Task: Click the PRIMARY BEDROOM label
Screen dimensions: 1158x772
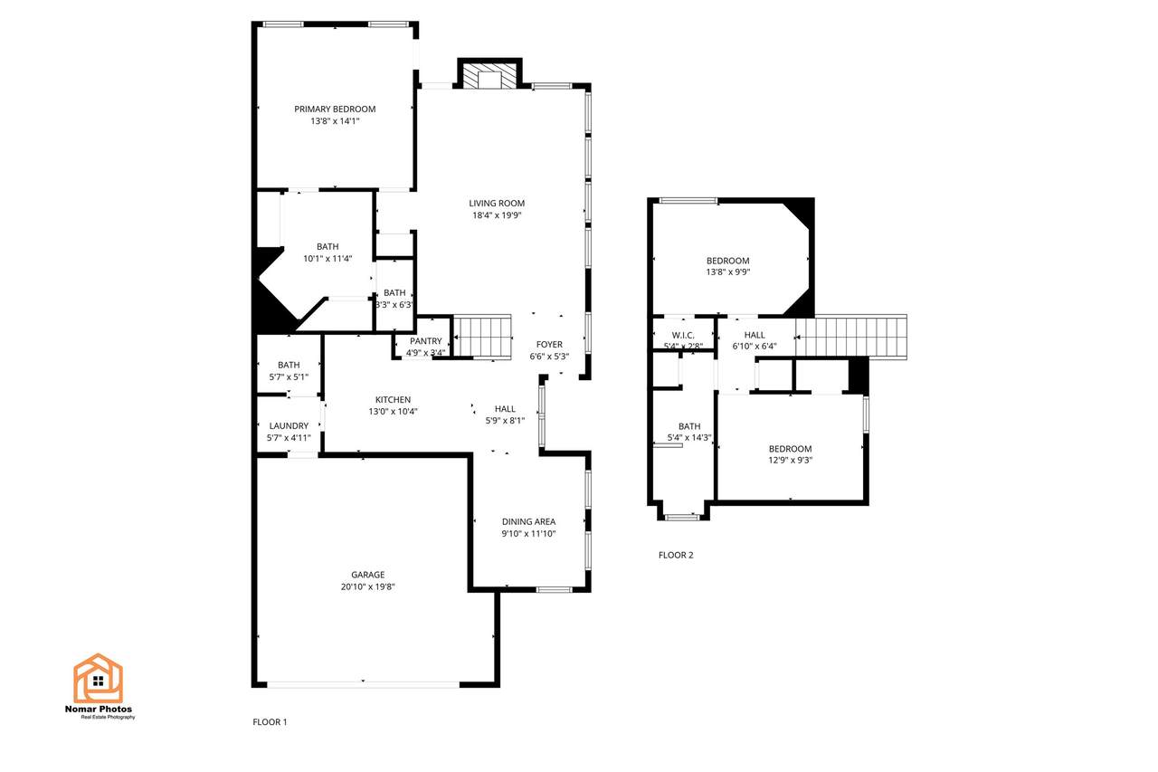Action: (x=335, y=110)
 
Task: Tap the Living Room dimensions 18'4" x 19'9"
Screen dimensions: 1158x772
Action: (x=497, y=215)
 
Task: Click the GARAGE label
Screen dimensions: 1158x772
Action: (x=367, y=575)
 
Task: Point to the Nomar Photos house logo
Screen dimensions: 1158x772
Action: (x=99, y=678)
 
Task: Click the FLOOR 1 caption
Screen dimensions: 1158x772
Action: (x=270, y=722)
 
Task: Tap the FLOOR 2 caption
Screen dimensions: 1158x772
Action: (x=676, y=555)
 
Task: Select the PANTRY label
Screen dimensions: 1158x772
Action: (x=425, y=341)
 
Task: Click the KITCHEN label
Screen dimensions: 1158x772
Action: (x=393, y=400)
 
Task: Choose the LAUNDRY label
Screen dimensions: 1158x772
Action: (x=289, y=425)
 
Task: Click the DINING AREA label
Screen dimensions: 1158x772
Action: (x=528, y=521)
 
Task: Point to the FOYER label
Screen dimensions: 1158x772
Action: (x=549, y=345)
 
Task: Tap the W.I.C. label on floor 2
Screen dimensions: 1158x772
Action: (x=683, y=336)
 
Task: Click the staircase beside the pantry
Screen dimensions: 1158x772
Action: (x=482, y=337)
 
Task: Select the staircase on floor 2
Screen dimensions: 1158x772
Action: (x=851, y=337)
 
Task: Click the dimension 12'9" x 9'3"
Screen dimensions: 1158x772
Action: (x=790, y=460)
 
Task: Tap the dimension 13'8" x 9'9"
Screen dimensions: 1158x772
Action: (x=728, y=272)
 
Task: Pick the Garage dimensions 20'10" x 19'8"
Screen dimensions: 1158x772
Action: (x=367, y=586)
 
